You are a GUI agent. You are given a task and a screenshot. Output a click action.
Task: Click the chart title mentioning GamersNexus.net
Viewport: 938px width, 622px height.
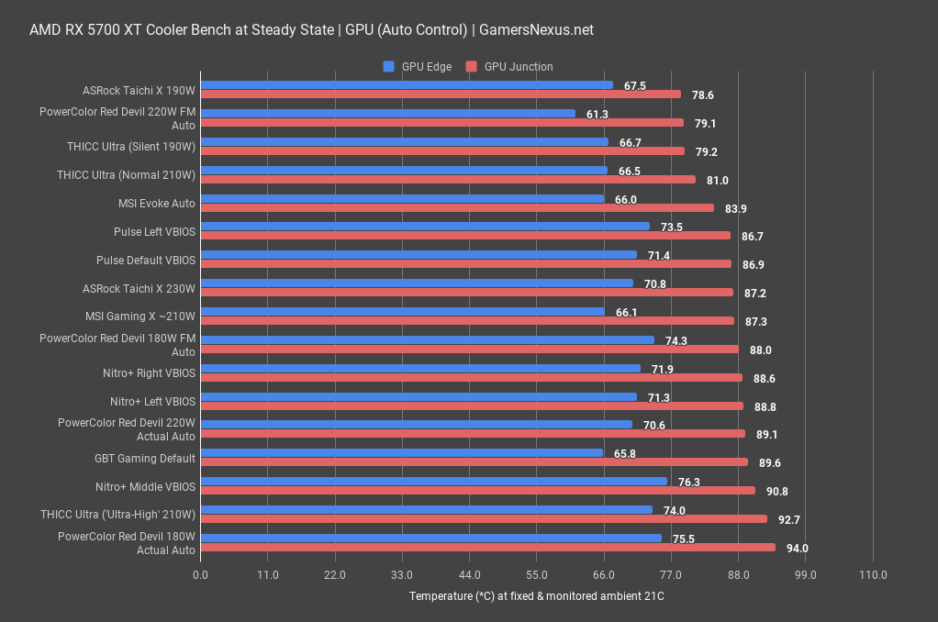pos(311,29)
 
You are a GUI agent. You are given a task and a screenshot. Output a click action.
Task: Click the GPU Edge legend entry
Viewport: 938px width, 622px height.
pos(419,66)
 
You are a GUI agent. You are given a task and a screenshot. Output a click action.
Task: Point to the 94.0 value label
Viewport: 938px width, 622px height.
pos(798,549)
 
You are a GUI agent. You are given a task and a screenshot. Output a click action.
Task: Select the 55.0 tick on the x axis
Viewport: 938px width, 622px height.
pos(536,575)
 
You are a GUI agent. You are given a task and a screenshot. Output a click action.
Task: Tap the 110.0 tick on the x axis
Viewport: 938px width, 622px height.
pos(872,575)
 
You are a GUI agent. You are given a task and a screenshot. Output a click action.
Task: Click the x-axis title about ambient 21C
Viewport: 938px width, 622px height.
pos(536,596)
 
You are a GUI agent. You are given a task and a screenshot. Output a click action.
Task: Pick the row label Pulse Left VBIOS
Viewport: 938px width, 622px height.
pos(154,232)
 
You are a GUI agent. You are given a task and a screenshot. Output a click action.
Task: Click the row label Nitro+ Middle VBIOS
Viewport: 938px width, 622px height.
pos(145,487)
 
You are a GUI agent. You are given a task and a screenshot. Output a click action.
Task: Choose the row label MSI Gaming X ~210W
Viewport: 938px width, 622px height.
pos(140,317)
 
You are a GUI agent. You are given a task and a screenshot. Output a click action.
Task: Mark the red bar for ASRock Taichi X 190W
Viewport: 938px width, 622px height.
pos(441,94)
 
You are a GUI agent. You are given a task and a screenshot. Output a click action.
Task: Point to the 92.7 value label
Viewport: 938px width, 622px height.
pos(789,520)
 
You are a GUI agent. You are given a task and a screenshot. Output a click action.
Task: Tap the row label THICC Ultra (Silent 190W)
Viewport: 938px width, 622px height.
pos(131,146)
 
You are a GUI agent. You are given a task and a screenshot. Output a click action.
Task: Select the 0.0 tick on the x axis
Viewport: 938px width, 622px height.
pos(200,575)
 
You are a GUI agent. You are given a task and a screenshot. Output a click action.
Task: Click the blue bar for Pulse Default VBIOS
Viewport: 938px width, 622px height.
pos(418,254)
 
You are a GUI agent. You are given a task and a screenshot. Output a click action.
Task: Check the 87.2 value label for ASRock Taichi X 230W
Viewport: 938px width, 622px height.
pos(755,294)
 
